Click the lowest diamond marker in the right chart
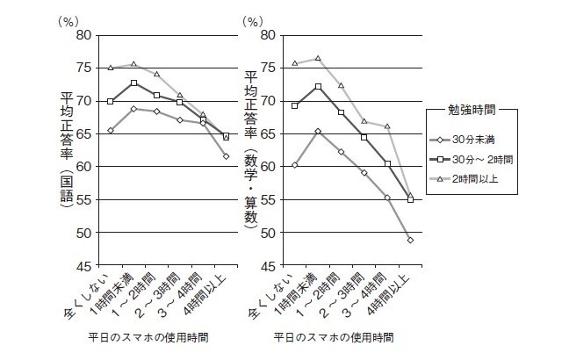click(x=411, y=240)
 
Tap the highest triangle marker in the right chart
click(x=318, y=59)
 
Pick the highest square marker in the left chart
click(x=134, y=83)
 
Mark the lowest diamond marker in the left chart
click(x=226, y=156)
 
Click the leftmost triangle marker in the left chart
click(x=111, y=68)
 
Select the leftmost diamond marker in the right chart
click(x=295, y=165)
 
